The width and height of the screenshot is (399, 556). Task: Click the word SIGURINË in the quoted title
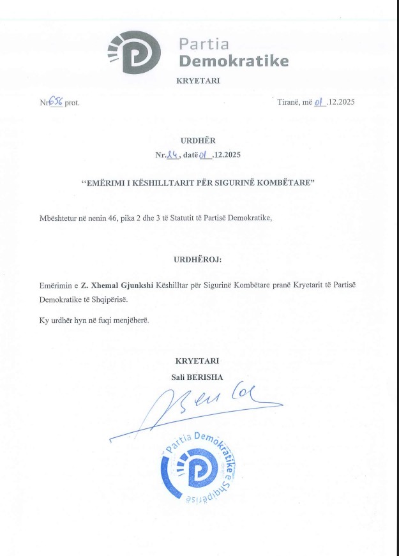tap(237, 183)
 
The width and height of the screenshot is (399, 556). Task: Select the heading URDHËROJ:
tap(199, 261)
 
